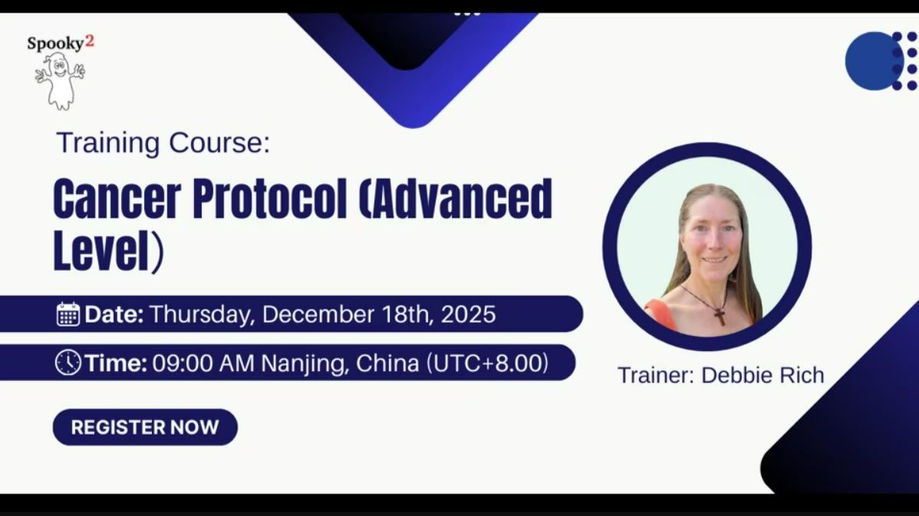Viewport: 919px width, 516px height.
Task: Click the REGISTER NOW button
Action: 145,427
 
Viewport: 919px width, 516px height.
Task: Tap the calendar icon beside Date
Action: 68,314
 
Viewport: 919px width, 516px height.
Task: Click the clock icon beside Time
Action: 68,363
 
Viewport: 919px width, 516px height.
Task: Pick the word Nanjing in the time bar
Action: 305,363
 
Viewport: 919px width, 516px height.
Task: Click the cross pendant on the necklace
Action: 720,314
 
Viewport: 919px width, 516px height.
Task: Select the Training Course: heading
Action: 163,143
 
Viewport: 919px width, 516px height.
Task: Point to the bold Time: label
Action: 116,363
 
